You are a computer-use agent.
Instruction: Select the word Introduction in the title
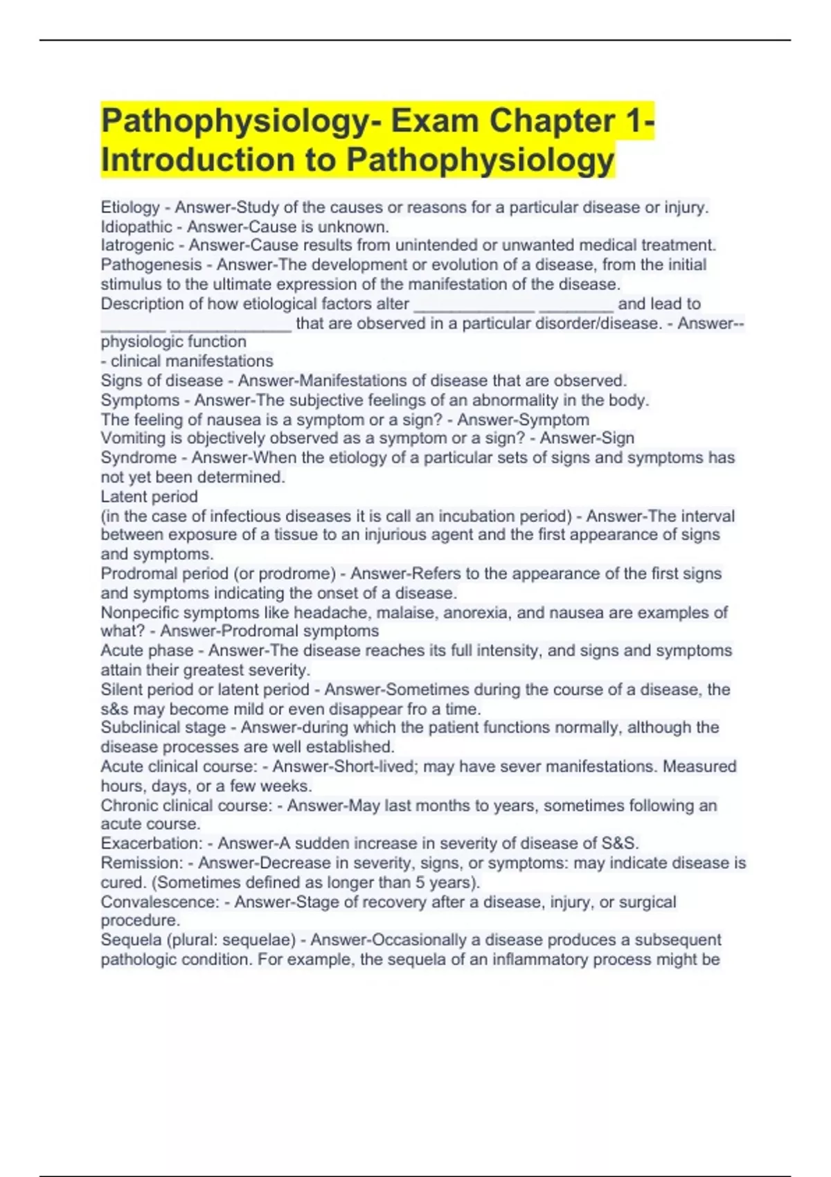point(197,160)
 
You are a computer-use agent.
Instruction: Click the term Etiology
point(130,207)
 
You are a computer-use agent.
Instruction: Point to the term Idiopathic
point(136,226)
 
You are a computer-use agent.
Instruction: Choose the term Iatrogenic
point(137,245)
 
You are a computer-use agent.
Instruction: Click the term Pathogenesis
point(151,264)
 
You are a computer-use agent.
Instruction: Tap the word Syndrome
point(138,458)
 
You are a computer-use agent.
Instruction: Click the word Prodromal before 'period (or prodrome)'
point(138,573)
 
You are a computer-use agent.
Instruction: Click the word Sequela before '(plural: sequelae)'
point(128,940)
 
